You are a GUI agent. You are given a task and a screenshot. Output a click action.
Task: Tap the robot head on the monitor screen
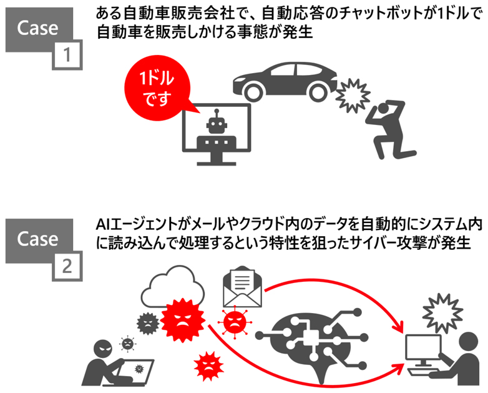click(217, 122)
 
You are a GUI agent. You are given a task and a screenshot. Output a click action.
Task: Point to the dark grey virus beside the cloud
click(147, 322)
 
